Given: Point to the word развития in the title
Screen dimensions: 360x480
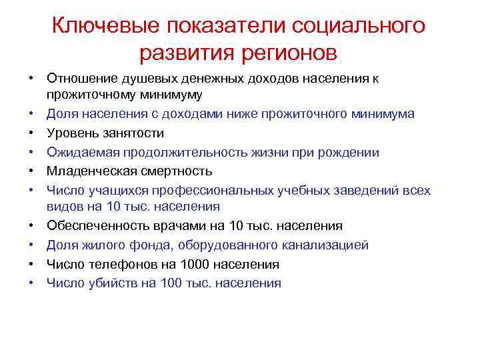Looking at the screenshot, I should point(183,51).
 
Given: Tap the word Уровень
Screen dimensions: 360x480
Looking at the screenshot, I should point(71,133).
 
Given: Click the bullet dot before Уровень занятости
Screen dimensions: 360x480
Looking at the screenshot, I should point(32,133).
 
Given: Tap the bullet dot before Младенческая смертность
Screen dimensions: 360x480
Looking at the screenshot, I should point(32,171).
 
